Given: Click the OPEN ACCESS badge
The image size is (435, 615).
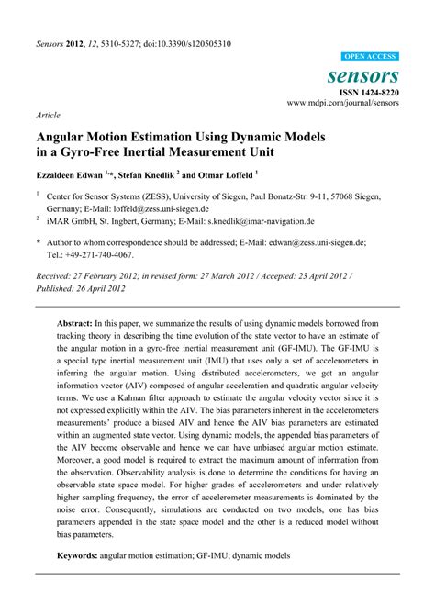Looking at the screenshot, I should pyautogui.click(x=371, y=56).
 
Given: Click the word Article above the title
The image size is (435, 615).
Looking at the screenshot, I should pyautogui.click(x=47, y=116).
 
